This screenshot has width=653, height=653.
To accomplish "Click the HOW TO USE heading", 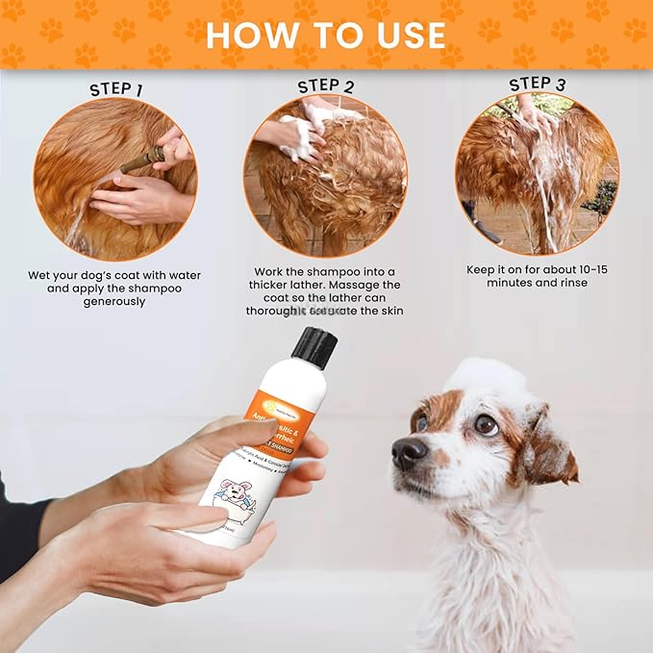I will point(326,34).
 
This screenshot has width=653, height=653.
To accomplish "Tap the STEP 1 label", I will point(116,89).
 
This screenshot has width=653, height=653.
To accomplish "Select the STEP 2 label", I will point(325,87).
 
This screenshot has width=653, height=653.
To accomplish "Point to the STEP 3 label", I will point(537,84).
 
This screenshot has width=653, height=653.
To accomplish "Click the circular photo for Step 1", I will point(115,179).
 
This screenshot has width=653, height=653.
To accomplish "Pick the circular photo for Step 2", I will point(325,176).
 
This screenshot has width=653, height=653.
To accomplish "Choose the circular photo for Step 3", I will point(537,173).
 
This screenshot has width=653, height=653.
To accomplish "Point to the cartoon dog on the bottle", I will point(236,499).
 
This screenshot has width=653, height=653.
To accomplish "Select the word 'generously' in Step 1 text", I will point(114,302).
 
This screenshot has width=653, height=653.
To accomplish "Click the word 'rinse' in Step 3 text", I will point(569,283).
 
